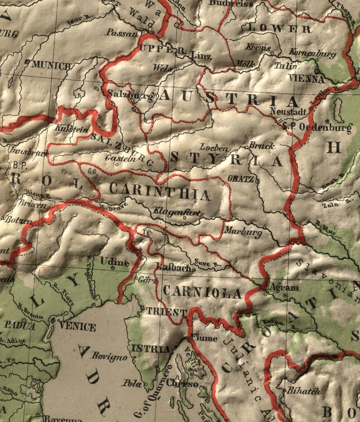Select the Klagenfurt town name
[176, 211]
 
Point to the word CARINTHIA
[160, 193]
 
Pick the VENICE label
[78, 327]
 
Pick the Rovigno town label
[109, 357]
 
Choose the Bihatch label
[303, 391]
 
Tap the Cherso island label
[183, 384]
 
